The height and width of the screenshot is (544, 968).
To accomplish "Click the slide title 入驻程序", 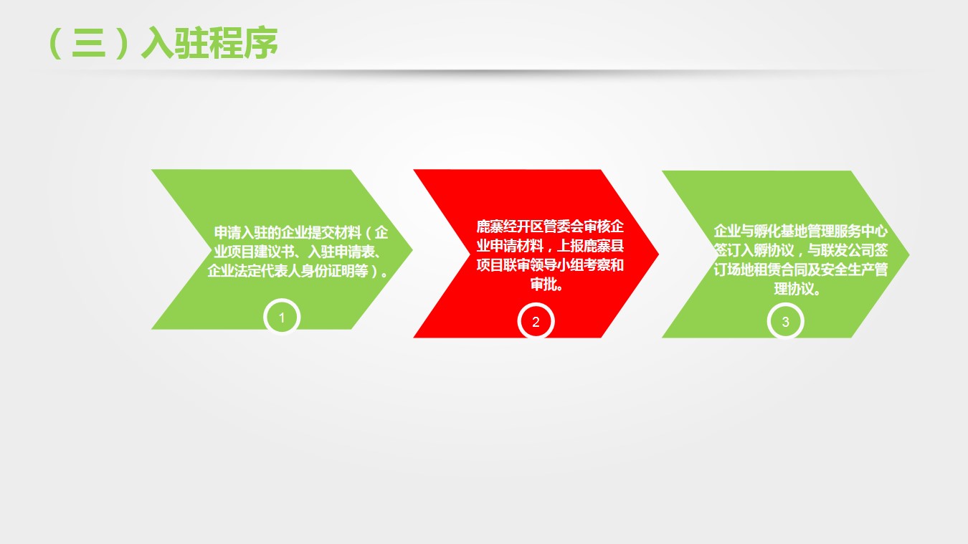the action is click(209, 43).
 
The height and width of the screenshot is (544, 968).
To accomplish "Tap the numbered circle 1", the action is click(282, 318).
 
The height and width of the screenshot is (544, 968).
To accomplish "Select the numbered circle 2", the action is click(536, 322).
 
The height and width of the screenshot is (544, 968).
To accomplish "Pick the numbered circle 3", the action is click(786, 322).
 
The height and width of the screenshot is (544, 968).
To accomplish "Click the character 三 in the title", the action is click(89, 43).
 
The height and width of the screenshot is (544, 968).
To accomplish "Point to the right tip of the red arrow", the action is click(658, 254).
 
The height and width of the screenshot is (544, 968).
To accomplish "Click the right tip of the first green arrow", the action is click(413, 249).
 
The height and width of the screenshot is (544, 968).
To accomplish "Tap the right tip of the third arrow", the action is click(909, 254).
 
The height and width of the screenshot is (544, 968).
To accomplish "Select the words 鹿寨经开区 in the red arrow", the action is click(510, 226).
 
